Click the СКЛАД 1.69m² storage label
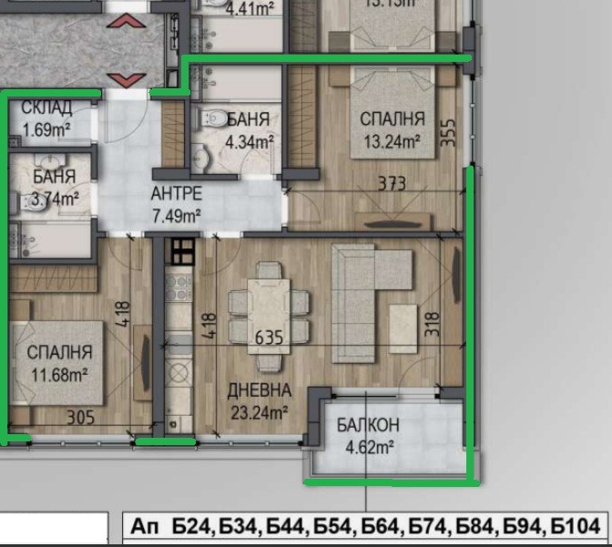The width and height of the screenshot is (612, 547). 46,119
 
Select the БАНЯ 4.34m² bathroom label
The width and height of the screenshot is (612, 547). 248,129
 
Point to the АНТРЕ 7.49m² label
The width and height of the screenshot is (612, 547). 176,205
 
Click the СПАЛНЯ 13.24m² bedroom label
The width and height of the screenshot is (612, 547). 392,129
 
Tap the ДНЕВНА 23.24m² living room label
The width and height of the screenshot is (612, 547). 259,401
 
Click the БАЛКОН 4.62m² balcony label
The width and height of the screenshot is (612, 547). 367,436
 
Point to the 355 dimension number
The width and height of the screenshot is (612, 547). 447,132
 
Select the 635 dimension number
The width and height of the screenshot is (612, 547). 270,339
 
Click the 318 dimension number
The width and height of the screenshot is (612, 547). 433,326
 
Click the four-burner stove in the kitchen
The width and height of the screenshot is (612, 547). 181,250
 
